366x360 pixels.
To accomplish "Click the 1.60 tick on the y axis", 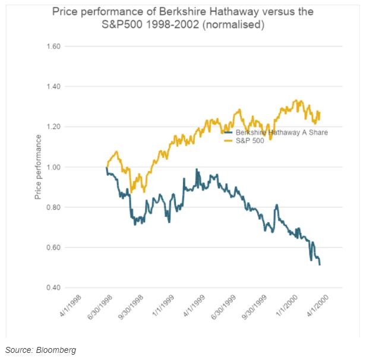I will click(54, 46).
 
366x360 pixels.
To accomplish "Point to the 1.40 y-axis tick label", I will click(54, 87).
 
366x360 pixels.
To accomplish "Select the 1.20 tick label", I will click(54, 127).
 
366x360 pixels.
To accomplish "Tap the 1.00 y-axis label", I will click(54, 167).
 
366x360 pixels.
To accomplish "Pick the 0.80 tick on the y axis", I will click(54, 207).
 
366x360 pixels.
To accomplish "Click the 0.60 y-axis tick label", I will click(54, 248).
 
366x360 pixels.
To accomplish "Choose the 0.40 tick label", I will click(54, 288).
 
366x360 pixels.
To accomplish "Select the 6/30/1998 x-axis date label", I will click(104, 307).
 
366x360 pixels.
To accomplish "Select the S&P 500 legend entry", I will click(250, 140).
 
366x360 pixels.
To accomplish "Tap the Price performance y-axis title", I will click(38, 167).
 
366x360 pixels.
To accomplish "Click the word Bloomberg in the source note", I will click(57, 350).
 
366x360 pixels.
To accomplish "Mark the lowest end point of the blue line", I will click(320, 265).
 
